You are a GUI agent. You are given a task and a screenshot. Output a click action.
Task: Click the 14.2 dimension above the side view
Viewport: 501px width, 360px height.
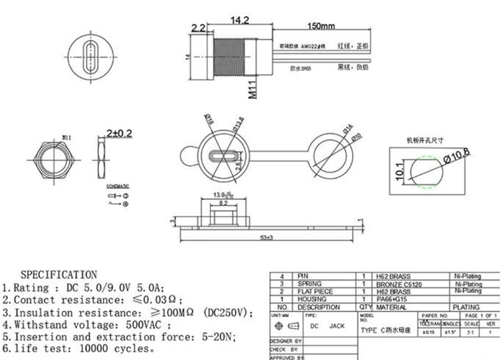click(x=239, y=21)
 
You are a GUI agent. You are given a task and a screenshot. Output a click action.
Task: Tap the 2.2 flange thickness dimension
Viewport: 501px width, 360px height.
click(x=198, y=29)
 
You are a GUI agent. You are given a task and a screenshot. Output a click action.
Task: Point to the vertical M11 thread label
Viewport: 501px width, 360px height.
click(x=254, y=87)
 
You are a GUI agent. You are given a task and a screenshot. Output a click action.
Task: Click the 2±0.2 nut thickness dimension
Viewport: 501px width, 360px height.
click(x=119, y=133)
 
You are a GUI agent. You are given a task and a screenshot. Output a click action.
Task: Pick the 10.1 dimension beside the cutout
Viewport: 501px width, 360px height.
click(x=400, y=172)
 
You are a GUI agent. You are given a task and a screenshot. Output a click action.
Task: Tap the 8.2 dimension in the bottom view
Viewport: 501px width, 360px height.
click(x=223, y=204)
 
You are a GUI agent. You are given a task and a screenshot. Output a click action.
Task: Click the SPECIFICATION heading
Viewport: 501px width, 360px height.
click(x=59, y=275)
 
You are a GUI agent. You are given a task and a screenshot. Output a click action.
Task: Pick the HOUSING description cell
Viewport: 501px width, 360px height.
click(x=312, y=299)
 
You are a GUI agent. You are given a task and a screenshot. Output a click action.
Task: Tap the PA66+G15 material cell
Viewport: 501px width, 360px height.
click(x=392, y=299)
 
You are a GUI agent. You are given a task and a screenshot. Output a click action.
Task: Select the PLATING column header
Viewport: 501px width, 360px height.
click(x=466, y=307)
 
